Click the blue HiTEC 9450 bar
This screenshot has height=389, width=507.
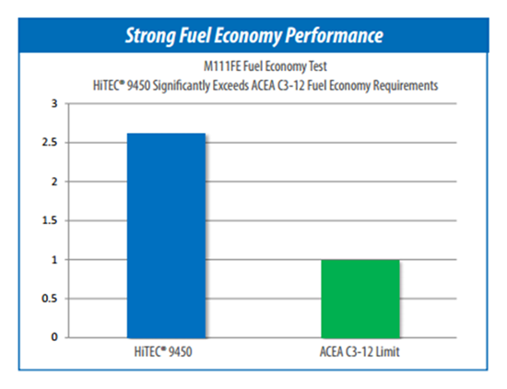point(166,235)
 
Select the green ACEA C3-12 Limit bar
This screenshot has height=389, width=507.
point(360,299)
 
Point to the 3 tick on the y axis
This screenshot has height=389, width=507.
point(54,104)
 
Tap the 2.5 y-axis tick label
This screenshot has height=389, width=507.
point(50,142)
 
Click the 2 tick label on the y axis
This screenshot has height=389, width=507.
point(54,182)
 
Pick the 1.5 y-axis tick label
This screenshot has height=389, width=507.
point(50,220)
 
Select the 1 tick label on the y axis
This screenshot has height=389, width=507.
point(54,260)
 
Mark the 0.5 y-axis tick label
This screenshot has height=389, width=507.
point(50,299)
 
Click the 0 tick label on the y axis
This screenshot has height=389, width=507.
point(54,337)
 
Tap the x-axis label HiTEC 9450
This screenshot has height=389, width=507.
point(163,351)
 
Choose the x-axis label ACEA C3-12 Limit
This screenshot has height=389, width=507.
point(360,351)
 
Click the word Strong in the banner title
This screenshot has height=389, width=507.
point(150,36)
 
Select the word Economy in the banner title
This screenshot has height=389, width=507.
point(248,36)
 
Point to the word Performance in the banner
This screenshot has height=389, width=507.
point(335,35)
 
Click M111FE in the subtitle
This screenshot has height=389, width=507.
point(222,66)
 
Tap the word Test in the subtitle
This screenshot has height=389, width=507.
point(318,66)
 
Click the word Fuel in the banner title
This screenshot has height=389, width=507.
point(195,35)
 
